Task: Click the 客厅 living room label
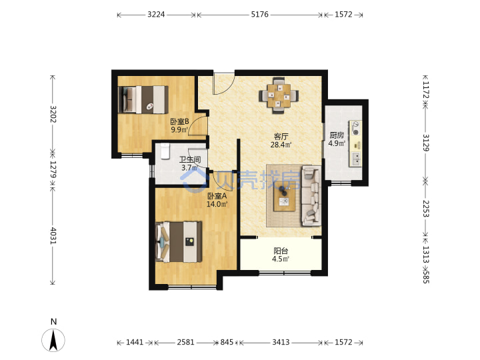tap(281, 136)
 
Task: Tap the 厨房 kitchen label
tap(337, 135)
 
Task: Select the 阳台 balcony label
tap(281, 251)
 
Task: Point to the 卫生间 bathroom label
tap(190, 159)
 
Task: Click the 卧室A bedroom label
tap(217, 196)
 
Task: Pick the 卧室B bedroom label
tap(180, 121)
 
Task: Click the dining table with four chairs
tap(279, 95)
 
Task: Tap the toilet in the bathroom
tap(165, 151)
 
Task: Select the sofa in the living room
tap(311, 195)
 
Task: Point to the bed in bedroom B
tap(143, 99)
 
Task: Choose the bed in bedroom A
tap(179, 242)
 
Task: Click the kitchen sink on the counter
tap(356, 159)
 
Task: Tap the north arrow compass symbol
tap(53, 340)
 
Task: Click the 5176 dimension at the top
tap(259, 15)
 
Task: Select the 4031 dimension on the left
tap(53, 236)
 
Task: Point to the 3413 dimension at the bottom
tap(281, 342)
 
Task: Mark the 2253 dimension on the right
tap(426, 209)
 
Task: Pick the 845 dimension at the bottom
tap(227, 342)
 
